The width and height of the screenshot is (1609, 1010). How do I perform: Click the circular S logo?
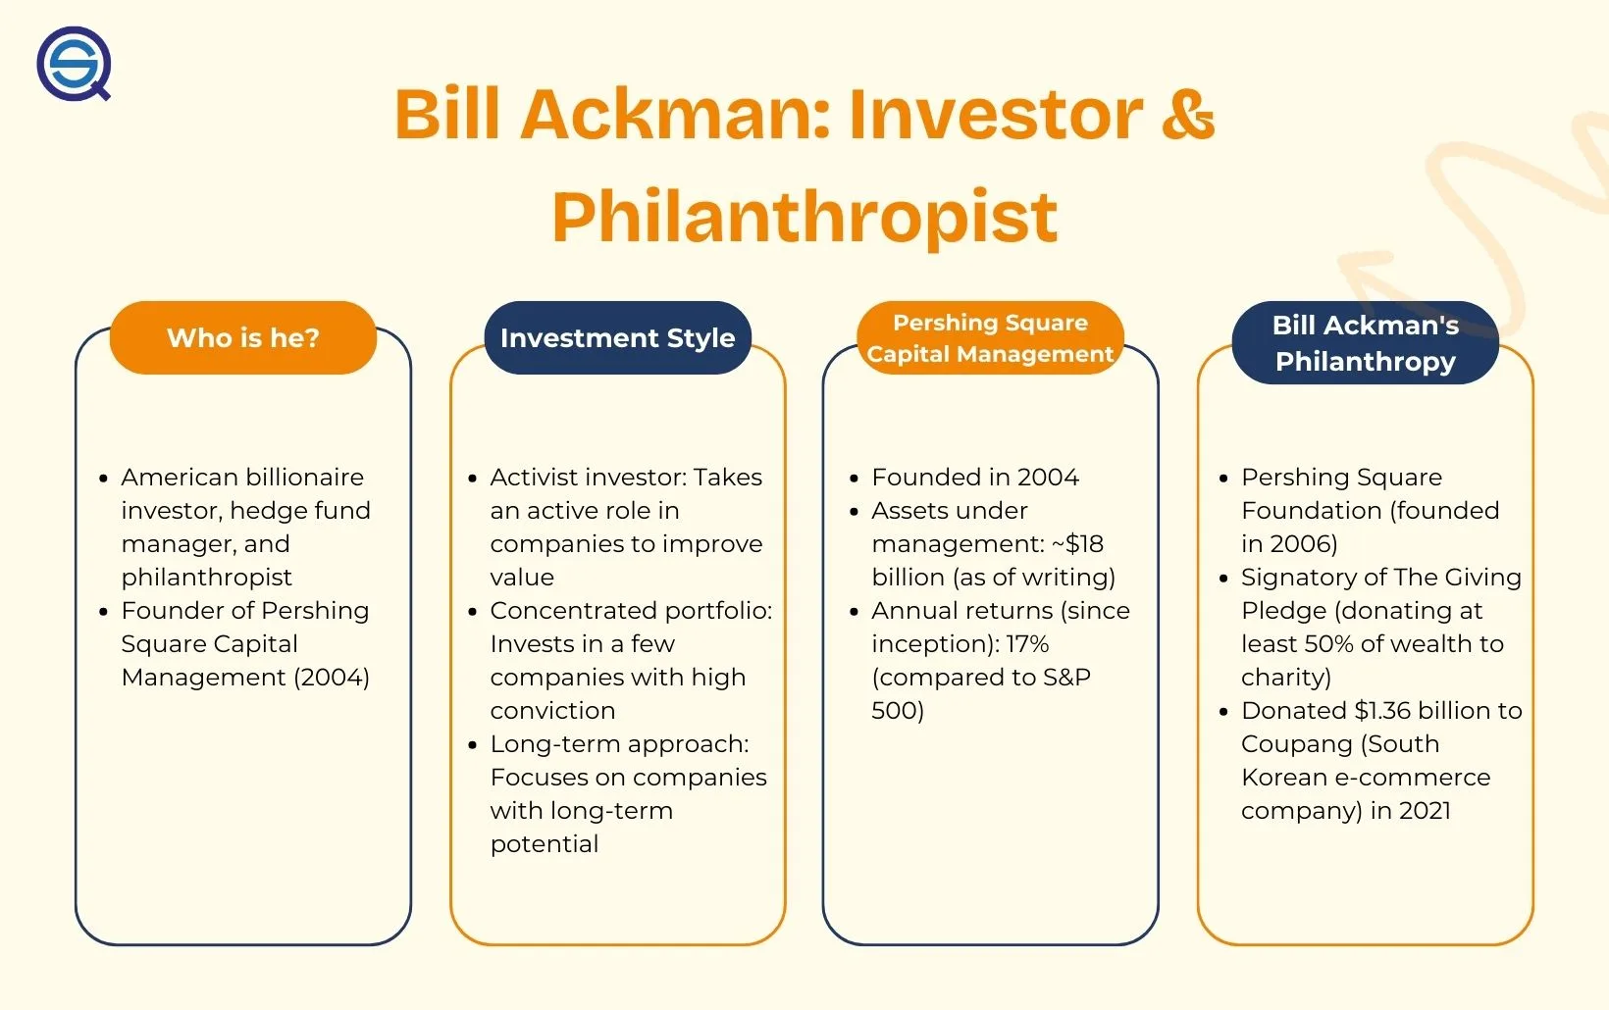(x=74, y=63)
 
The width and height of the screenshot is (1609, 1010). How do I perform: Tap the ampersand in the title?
(x=1187, y=114)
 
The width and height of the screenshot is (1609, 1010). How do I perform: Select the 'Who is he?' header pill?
(x=242, y=337)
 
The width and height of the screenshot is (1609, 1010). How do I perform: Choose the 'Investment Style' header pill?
(x=618, y=337)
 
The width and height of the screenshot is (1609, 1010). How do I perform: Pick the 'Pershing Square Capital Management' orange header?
(x=991, y=337)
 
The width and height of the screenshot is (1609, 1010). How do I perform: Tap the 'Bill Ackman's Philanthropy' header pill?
(x=1366, y=342)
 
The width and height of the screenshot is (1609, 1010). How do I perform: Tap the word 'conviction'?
(x=552, y=711)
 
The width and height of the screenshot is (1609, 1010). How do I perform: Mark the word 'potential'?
(x=545, y=844)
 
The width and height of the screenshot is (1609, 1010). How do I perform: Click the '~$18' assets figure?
(x=1076, y=543)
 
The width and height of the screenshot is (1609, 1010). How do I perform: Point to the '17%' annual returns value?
(x=1027, y=644)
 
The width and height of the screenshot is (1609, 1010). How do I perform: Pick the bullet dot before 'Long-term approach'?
(x=472, y=745)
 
